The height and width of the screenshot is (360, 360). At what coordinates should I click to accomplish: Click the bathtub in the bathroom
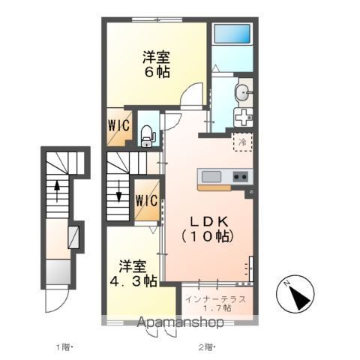(232, 34)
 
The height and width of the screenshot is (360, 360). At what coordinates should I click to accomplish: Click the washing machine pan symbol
(243, 118)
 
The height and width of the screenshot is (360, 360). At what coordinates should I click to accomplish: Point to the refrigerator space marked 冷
(242, 142)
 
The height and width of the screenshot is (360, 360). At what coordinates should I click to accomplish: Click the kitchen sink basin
(211, 177)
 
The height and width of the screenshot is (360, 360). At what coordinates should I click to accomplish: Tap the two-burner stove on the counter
(241, 177)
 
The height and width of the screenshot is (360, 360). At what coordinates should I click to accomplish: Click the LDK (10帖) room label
(208, 229)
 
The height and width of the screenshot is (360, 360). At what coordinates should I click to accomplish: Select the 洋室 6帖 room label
(157, 64)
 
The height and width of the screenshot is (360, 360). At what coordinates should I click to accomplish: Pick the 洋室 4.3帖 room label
(133, 274)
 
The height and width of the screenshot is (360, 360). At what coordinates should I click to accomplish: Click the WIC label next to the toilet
(119, 125)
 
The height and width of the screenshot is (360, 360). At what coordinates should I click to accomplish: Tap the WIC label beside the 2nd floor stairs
(147, 200)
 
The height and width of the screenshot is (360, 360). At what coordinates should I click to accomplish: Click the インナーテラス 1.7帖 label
(216, 303)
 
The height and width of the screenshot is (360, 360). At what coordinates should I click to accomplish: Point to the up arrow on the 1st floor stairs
(57, 191)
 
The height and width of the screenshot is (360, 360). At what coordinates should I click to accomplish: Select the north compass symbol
(295, 294)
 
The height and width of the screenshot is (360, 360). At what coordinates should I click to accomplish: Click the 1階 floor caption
(64, 347)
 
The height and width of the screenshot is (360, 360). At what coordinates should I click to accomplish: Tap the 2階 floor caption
(207, 347)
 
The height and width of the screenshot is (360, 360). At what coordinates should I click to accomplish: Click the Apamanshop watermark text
(180, 322)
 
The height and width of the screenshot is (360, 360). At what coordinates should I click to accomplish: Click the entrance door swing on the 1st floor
(57, 301)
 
